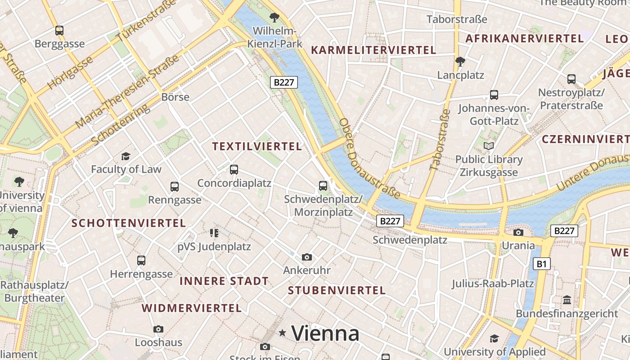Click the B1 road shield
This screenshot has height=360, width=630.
point(541,264)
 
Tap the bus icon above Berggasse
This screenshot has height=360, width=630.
point(59,31)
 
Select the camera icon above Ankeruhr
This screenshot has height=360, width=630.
point(307,257)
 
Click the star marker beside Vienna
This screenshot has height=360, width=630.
point(283,333)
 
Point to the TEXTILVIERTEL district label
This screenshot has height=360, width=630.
point(257,147)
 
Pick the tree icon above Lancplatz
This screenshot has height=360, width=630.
point(460,61)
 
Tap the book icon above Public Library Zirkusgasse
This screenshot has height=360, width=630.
point(488,146)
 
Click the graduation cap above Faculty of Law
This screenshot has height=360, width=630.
point(126,156)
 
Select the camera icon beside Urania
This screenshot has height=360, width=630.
point(518,232)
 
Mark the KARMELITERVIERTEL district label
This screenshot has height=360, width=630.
point(373,50)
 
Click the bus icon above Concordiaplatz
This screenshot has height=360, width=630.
point(234,170)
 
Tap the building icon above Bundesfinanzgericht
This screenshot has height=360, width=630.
point(567,300)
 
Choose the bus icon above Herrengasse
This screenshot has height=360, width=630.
point(141,260)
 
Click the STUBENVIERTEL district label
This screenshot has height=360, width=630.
point(337,290)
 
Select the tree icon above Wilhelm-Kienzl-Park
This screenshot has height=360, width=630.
point(274,18)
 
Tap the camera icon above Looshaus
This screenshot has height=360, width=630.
point(158,329)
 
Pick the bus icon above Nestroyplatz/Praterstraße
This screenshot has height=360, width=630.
point(571,79)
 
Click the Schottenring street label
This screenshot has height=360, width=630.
point(120,126)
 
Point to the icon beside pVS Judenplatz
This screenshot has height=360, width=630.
point(214,233)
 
